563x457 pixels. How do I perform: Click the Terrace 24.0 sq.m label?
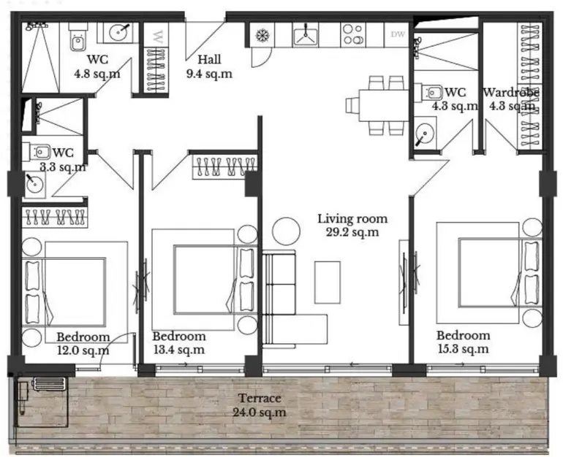pos(260,405)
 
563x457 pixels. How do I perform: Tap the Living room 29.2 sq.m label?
pos(352,226)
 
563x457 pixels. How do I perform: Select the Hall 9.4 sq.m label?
pos(209,66)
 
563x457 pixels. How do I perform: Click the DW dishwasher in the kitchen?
pos(398,34)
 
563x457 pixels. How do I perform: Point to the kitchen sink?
pos(306,35)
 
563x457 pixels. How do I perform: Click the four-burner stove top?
pos(352,34)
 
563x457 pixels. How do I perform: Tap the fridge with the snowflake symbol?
pos(262,35)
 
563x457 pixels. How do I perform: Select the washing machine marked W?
pos(156,35)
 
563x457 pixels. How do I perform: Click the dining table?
pos(383,105)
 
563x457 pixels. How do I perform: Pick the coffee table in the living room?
pos(328,283)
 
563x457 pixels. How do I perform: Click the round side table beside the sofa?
pos(286,231)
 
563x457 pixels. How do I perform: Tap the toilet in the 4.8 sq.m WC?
pos(78,37)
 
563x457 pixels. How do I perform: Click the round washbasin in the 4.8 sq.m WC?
pos(118,33)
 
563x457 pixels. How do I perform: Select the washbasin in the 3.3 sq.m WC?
pos(34,184)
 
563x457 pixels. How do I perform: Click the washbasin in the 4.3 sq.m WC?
pos(424,133)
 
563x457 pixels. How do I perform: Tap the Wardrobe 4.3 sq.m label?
pos(510,99)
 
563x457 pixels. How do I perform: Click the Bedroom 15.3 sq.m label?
pos(463,342)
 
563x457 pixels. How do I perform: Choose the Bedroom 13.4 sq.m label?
pos(179,342)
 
